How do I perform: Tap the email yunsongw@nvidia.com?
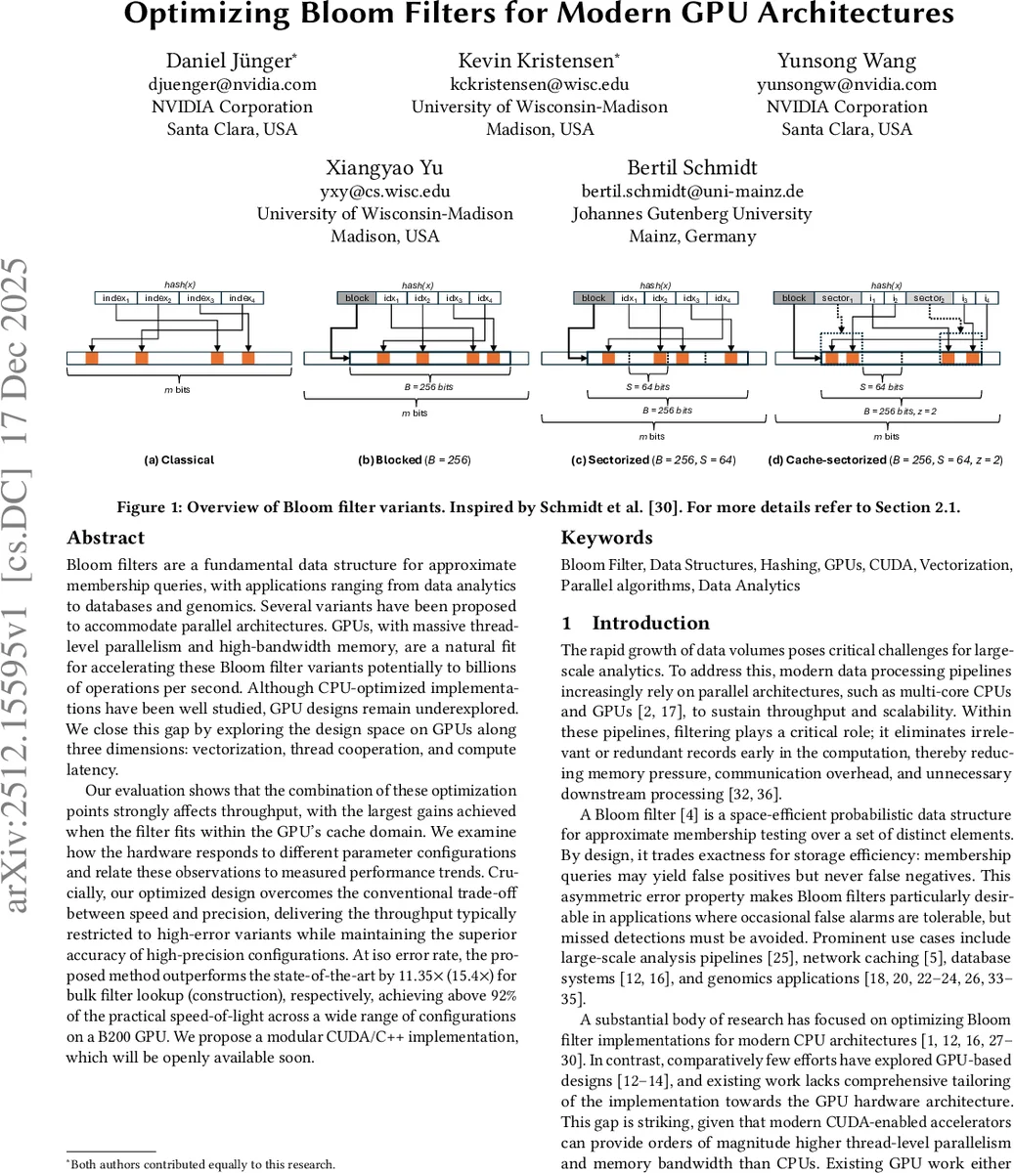pyautogui.click(x=846, y=84)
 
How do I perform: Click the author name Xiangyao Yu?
pyautogui.click(x=384, y=167)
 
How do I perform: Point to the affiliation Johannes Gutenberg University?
pyautogui.click(x=691, y=213)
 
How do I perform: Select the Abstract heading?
pyautogui.click(x=106, y=538)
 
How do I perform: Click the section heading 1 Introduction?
pyautogui.click(x=636, y=623)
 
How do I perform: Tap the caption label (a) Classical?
pyautogui.click(x=178, y=459)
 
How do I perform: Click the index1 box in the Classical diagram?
pyautogui.click(x=116, y=298)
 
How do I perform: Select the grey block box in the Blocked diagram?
pyautogui.click(x=357, y=298)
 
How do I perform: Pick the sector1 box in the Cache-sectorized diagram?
pyautogui.click(x=836, y=298)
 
